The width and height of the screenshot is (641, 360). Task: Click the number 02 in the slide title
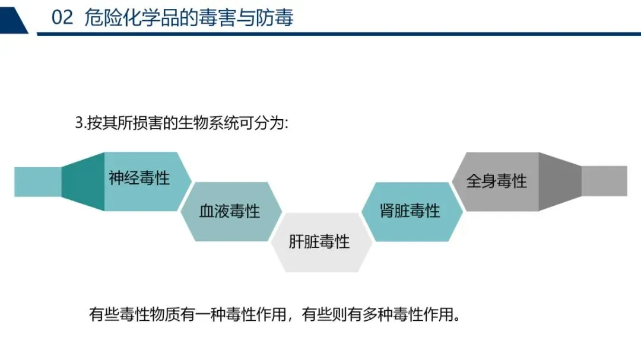62,18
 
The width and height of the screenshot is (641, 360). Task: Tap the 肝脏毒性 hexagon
319,242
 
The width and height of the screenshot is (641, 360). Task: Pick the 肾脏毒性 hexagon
410,211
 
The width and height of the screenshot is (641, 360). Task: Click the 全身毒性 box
497,181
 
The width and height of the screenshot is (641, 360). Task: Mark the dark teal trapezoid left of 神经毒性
84,181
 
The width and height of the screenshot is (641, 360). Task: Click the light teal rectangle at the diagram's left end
37,181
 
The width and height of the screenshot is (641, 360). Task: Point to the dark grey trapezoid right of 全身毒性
559,181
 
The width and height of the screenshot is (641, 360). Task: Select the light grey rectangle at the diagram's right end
604,181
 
